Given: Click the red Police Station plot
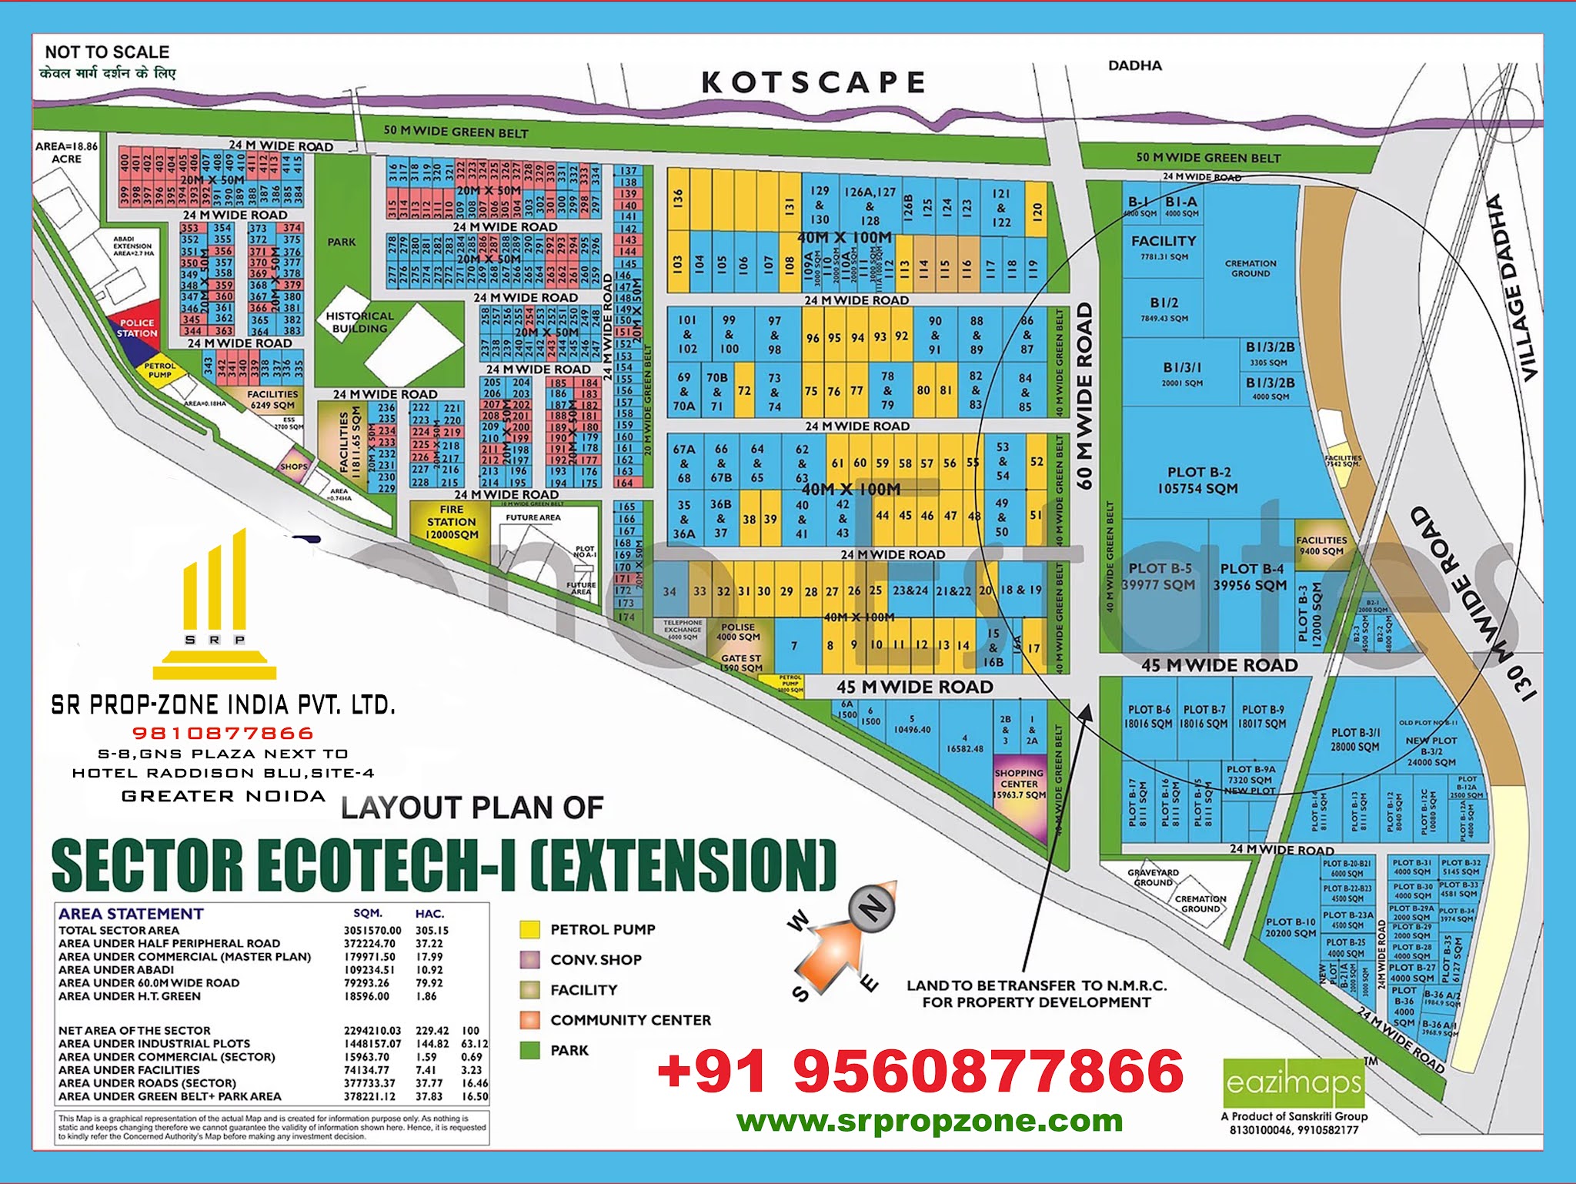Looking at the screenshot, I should (137, 328).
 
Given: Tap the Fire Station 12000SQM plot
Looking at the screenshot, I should (451, 523).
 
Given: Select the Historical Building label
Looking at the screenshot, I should (359, 322).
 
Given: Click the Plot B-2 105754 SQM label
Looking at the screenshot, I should (1198, 480).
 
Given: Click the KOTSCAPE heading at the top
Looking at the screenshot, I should (813, 82).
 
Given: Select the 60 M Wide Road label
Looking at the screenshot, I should (1084, 396).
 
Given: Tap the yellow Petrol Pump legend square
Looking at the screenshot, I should (529, 930).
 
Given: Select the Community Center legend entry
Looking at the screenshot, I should (630, 1020).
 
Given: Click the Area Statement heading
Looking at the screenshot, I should (131, 914).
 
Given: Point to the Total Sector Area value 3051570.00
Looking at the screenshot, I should (372, 930).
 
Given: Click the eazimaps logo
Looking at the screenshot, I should (1294, 1083).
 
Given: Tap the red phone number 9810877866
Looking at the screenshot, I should (223, 733).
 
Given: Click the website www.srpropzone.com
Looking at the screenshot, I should (930, 1121).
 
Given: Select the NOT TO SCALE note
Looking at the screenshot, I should (107, 52).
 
